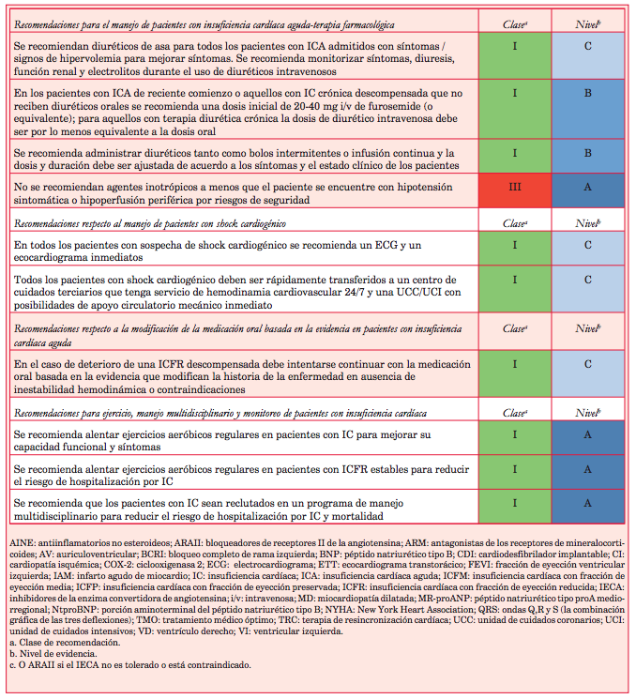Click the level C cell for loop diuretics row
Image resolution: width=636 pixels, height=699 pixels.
tap(587, 58)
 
